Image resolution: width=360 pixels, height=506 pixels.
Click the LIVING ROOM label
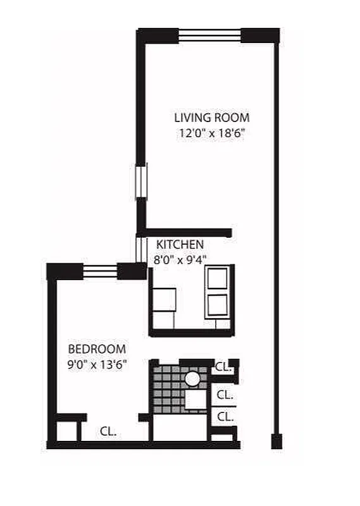tap(211, 118)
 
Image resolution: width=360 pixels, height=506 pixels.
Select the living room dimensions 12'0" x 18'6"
tap(211, 133)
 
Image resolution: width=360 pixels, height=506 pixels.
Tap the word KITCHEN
tap(180, 245)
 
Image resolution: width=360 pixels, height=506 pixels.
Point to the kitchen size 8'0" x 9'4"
tap(180, 259)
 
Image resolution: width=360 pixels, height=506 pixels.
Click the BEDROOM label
tap(97, 349)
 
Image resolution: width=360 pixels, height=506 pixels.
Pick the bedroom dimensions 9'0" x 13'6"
tap(97, 364)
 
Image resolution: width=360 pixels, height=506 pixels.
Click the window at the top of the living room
tap(210, 35)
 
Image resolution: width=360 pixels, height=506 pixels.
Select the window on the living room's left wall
tap(140, 181)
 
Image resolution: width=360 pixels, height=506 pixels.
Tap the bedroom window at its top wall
tap(100, 271)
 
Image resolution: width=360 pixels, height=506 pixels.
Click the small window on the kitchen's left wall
tap(140, 249)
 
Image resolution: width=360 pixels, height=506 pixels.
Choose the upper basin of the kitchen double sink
tap(218, 278)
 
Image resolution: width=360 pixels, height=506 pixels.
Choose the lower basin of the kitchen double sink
tap(218, 306)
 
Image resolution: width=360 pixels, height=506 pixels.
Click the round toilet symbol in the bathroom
tap(192, 378)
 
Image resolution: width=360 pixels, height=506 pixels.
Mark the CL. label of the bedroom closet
tap(107, 431)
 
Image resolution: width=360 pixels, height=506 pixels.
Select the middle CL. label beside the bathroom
tap(224, 395)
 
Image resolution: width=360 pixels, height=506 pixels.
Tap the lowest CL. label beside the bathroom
tap(224, 417)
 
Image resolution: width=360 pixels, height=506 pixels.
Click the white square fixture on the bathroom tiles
tap(196, 400)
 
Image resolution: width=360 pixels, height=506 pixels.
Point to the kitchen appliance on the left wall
tap(164, 300)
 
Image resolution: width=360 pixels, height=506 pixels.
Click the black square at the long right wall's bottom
tap(276, 441)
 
